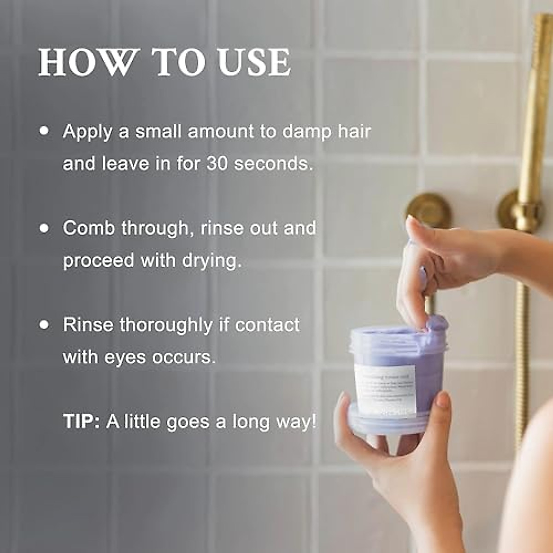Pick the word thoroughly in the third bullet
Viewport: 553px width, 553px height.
[x=166, y=325]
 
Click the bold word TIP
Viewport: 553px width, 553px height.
[x=81, y=422]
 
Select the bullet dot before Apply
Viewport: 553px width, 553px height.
[x=45, y=131]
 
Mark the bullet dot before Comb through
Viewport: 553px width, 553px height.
[x=45, y=228]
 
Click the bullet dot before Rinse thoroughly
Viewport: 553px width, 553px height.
[x=45, y=325]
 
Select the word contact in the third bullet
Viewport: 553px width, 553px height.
[x=267, y=325]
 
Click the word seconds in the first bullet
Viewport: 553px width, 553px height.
[x=274, y=164]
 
